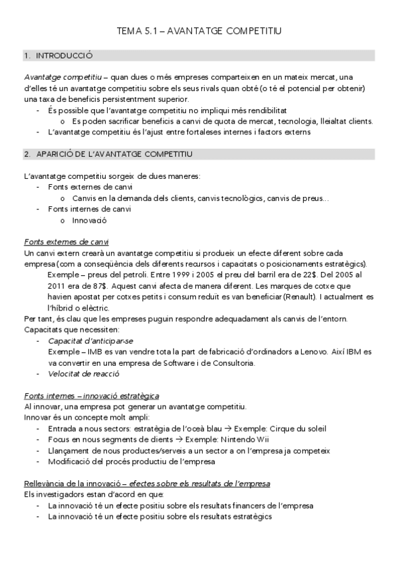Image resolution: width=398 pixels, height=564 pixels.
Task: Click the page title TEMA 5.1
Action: tap(199, 31)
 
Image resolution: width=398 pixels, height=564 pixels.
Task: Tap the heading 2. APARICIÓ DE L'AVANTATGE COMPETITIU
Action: tap(108, 154)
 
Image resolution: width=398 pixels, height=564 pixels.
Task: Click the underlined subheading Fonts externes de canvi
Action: tap(66, 241)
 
